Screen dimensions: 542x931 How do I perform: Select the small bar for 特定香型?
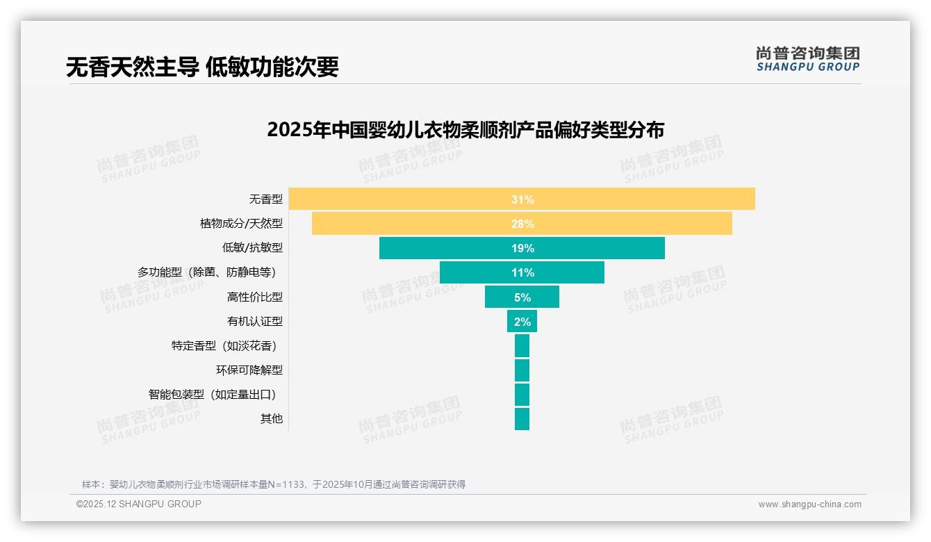tap(522, 346)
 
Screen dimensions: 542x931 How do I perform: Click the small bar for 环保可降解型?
tap(522, 370)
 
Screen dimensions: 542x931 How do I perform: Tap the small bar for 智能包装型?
tap(522, 395)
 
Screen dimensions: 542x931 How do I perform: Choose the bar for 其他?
tap(522, 419)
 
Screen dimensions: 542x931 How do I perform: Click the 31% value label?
tap(522, 199)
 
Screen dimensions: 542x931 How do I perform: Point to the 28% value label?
tap(522, 224)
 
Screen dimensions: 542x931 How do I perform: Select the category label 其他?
tap(271, 419)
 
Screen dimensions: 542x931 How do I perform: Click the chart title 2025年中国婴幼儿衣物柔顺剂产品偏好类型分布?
tap(465, 130)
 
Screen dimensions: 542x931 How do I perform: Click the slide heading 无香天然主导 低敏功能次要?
tap(202, 67)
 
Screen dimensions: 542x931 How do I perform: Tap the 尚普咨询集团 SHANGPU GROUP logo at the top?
tap(807, 59)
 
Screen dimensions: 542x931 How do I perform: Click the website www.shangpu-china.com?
tap(809, 504)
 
